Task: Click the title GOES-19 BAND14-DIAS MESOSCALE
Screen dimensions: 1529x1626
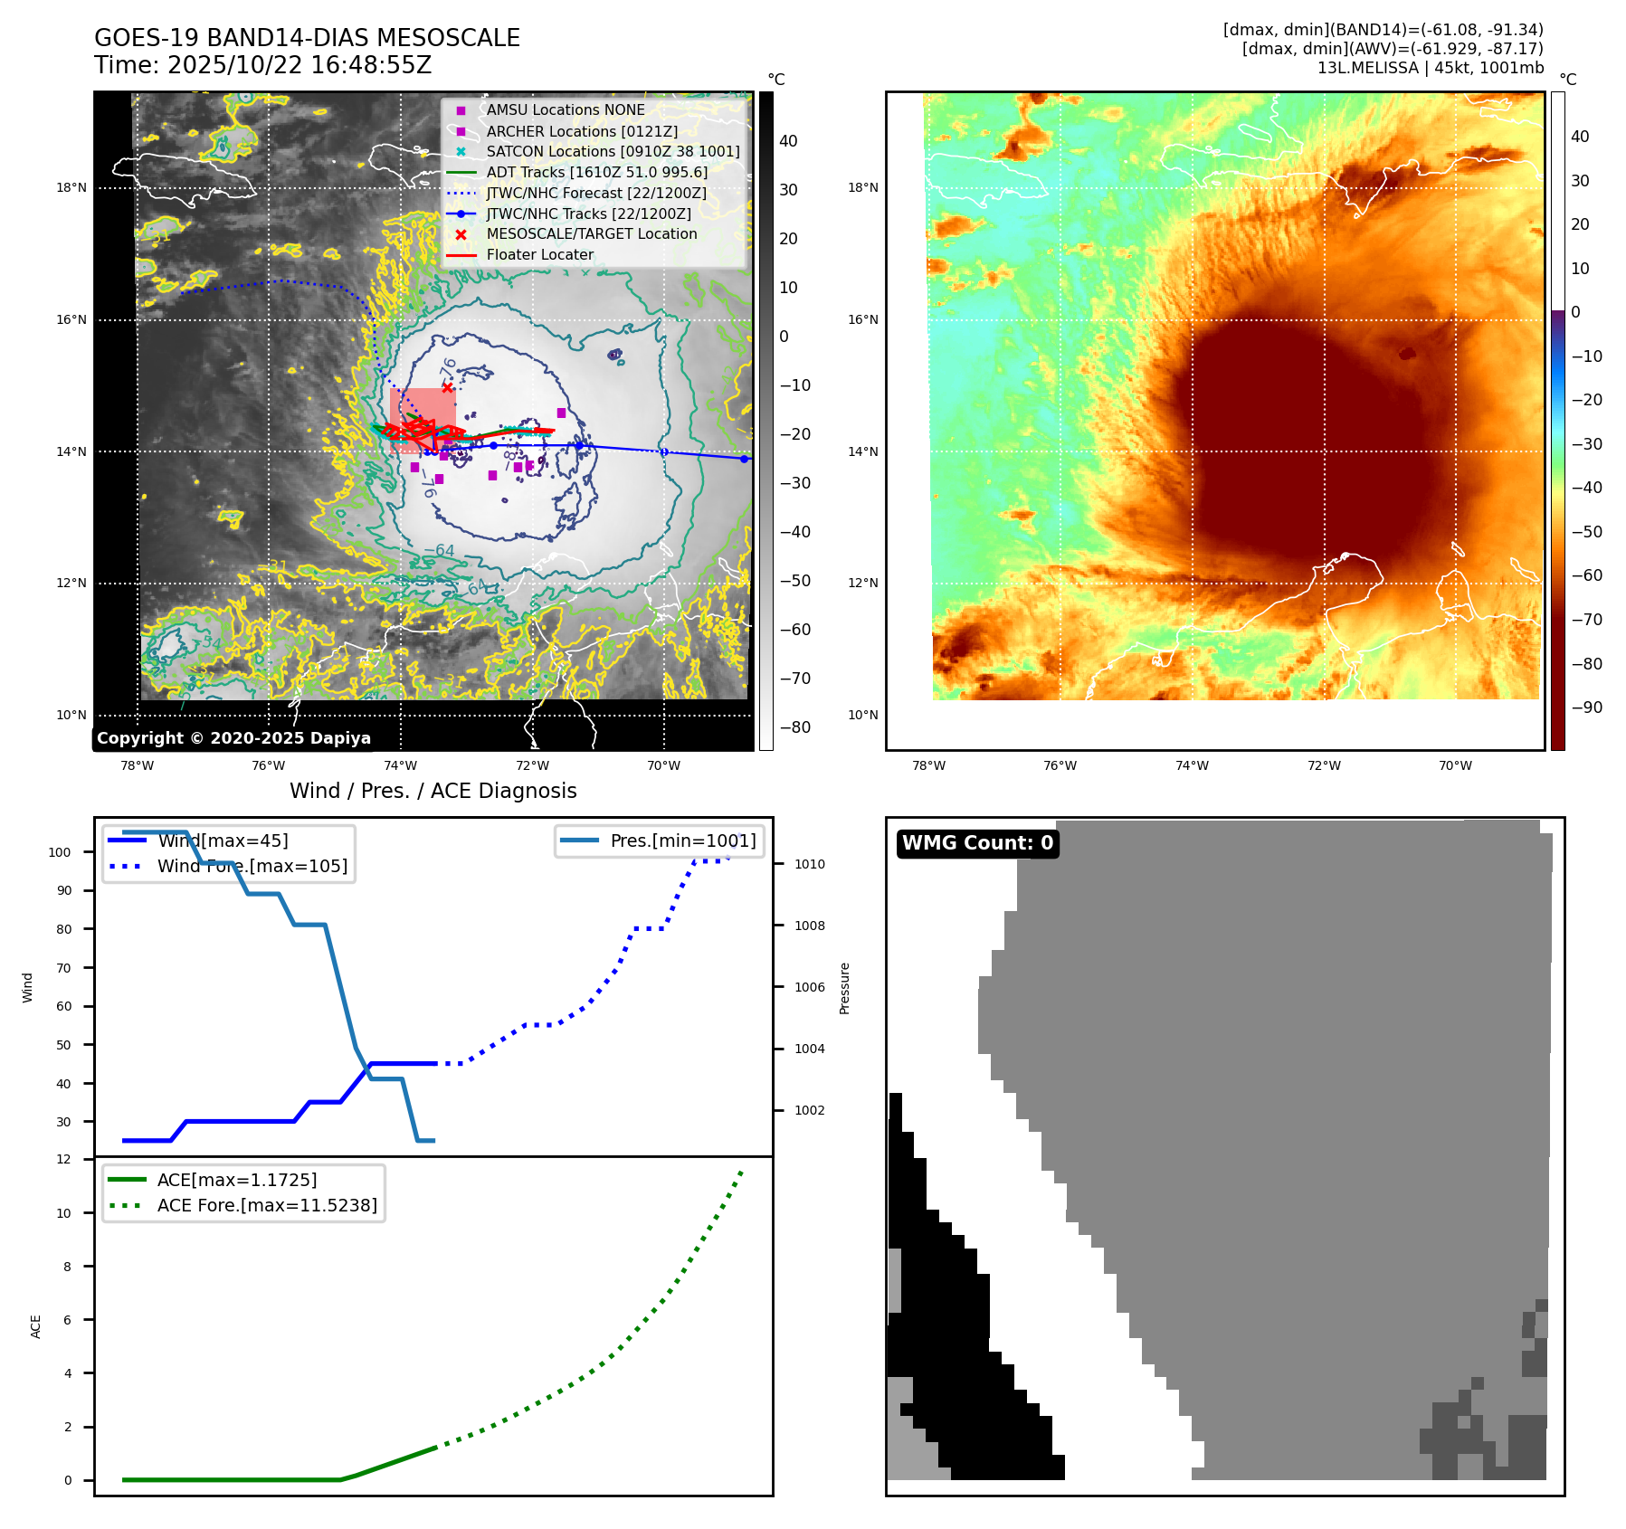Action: tap(307, 38)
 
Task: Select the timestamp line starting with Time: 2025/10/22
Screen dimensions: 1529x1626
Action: tap(262, 65)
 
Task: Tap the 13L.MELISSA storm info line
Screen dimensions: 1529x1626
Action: tap(1430, 68)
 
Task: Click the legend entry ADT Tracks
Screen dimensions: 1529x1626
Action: tap(596, 172)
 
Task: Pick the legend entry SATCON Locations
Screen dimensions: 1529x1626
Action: tap(613, 151)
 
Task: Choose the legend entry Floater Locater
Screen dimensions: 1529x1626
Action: tap(539, 254)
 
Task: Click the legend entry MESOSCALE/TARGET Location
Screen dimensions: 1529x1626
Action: tap(591, 233)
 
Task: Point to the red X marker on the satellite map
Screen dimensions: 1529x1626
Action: tap(447, 387)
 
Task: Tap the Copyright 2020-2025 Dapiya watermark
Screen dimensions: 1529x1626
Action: tap(233, 738)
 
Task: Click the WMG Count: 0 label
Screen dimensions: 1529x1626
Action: tap(977, 843)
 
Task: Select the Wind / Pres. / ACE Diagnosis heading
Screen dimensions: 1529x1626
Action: tap(433, 791)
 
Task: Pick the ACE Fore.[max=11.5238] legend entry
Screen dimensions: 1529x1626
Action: tap(267, 1205)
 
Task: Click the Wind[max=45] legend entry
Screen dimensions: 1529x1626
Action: tap(223, 840)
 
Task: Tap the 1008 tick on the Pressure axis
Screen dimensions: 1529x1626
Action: tap(809, 926)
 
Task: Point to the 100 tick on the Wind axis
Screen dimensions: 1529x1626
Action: tap(60, 852)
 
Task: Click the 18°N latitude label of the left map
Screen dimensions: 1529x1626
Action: tap(71, 188)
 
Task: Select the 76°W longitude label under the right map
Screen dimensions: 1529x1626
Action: tap(1060, 765)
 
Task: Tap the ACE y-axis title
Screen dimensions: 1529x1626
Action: tap(36, 1326)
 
